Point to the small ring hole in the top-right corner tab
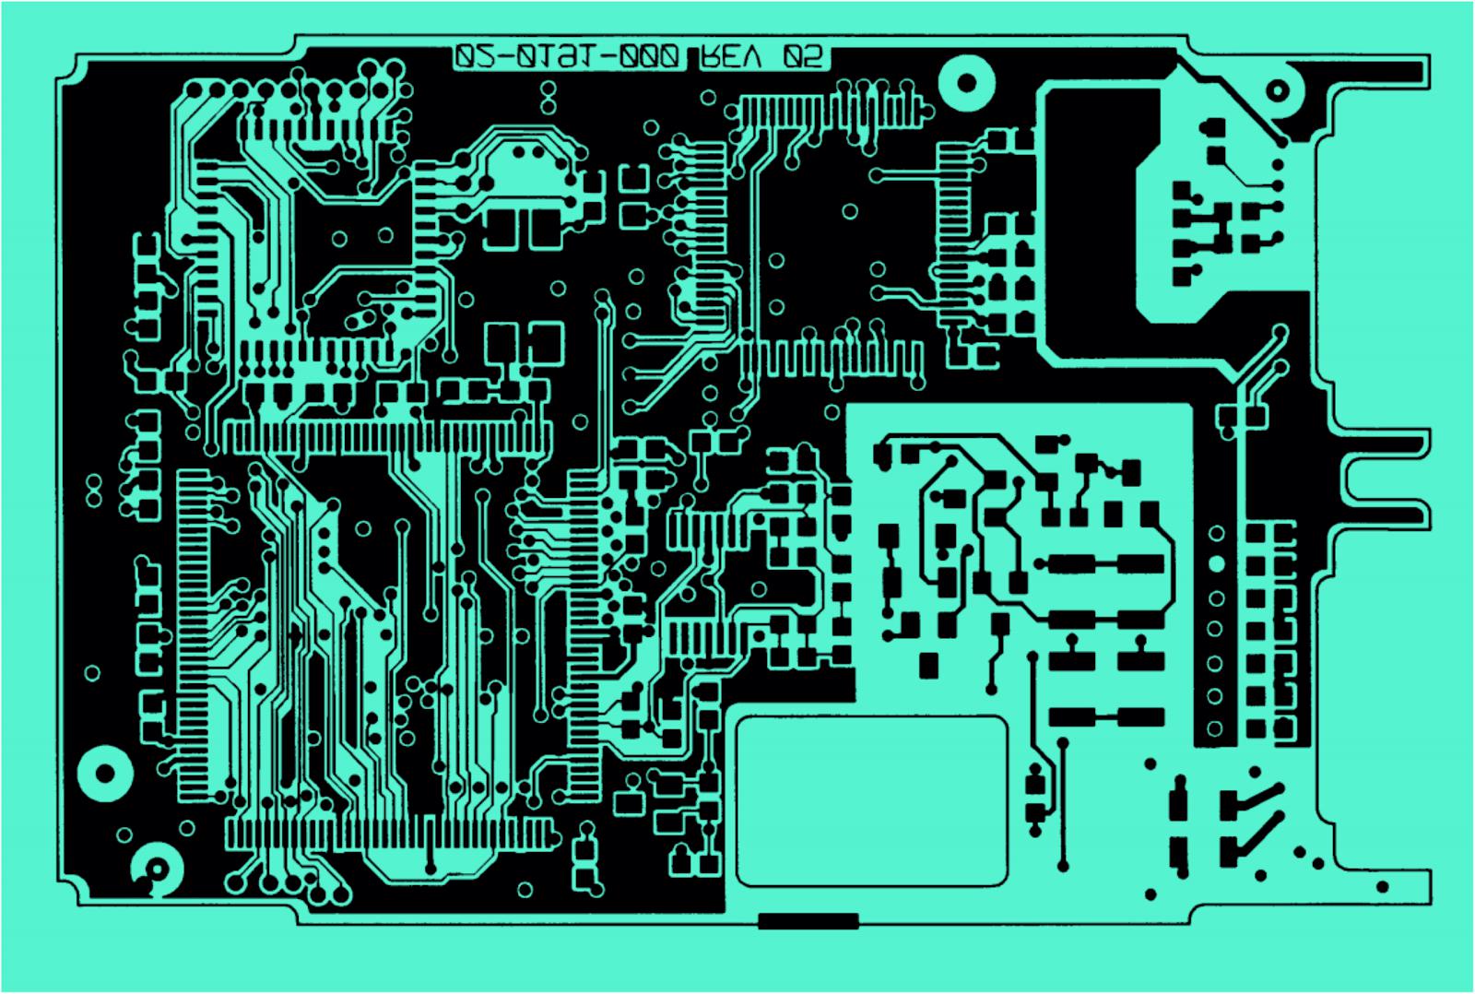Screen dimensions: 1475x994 [1277, 90]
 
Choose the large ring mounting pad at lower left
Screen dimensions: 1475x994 [105, 773]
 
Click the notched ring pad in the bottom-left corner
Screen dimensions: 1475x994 [157, 868]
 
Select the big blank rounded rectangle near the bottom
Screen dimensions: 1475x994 [871, 801]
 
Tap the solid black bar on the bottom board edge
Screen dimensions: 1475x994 [808, 920]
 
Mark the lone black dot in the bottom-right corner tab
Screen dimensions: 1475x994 [1382, 887]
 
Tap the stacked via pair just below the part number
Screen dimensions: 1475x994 [548, 94]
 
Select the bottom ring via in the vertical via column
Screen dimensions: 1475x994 [1215, 728]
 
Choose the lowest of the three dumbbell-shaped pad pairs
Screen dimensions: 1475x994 [1105, 716]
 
